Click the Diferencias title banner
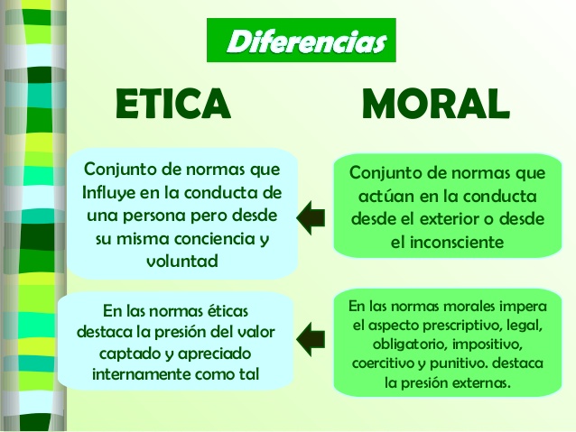[302, 40]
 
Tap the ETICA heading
[173, 104]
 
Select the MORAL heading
[436, 103]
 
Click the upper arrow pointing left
[311, 217]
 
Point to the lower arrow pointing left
[311, 339]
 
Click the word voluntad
[182, 262]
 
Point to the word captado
[127, 354]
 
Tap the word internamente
[141, 374]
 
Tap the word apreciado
[214, 354]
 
